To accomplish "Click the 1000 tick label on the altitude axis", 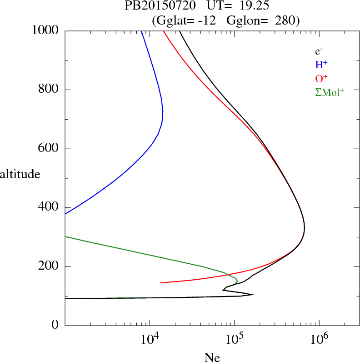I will pos(45,30).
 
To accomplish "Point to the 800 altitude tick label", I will pos(48,90).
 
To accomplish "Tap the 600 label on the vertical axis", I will pos(48,149).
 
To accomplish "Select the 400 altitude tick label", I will pos(48,207).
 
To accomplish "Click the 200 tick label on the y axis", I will pos(48,266).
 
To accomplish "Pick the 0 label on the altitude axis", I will pos(55,326).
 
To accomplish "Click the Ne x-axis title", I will pos(212,357).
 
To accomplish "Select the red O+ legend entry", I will pos(321,78).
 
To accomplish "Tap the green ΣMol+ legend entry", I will pos(329,92).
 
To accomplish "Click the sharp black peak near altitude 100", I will pos(253,295).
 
